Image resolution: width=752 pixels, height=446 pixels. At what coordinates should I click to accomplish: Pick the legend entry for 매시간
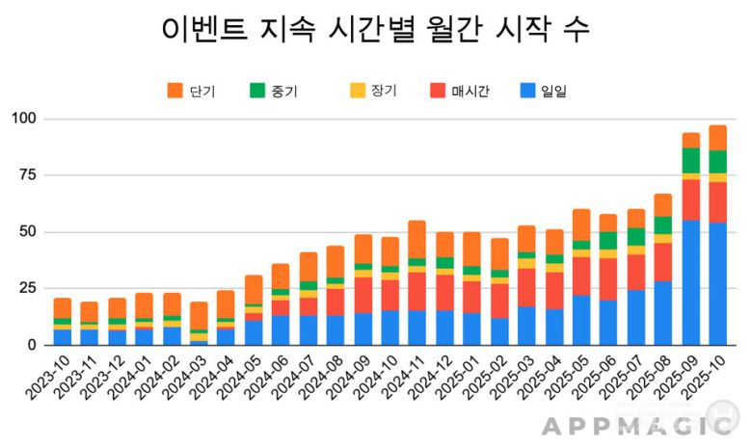(x=462, y=92)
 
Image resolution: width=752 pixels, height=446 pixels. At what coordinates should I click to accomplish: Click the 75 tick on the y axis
(x=26, y=175)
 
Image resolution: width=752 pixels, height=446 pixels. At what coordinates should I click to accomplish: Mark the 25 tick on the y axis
(x=26, y=288)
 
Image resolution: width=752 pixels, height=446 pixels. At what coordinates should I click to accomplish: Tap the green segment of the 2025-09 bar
(x=691, y=160)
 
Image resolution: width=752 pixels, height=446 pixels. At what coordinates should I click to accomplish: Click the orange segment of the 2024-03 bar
(x=199, y=316)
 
